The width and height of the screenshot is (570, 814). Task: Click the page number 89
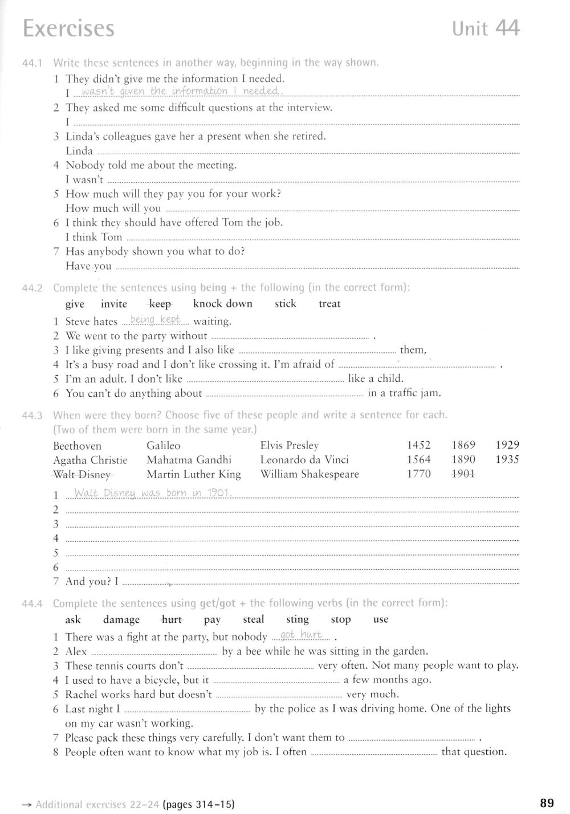click(546, 803)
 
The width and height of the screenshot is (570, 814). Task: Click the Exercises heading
click(68, 28)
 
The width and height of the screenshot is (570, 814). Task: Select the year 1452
click(418, 445)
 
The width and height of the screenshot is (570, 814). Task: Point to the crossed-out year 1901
click(463, 474)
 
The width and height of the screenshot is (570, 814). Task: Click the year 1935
click(507, 459)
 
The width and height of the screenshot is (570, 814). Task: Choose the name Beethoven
click(77, 446)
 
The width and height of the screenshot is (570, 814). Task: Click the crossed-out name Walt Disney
click(82, 474)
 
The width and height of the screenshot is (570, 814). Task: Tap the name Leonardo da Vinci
click(304, 460)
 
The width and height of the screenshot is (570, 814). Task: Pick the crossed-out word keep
click(160, 304)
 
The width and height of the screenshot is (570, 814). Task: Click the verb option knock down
click(222, 304)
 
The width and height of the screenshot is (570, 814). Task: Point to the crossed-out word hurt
click(172, 619)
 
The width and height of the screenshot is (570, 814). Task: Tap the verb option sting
click(297, 619)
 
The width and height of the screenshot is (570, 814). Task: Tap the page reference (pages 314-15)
click(198, 804)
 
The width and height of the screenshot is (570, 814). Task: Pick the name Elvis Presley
click(289, 446)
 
